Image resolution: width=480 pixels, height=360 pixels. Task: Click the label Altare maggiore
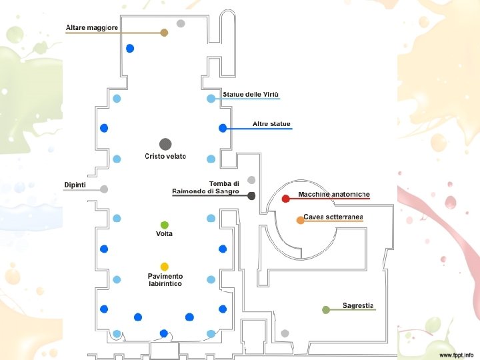pyautogui.click(x=92, y=27)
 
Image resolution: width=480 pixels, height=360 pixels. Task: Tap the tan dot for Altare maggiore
pyautogui.click(x=164, y=32)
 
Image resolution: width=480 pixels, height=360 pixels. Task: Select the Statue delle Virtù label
pyautogui.click(x=251, y=94)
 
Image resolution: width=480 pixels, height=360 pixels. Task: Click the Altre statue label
pyautogui.click(x=271, y=124)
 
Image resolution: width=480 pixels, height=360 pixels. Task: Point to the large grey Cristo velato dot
pyautogui.click(x=165, y=143)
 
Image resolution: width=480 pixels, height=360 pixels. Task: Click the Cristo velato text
pyautogui.click(x=165, y=157)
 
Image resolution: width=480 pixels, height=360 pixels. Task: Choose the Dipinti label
pyautogui.click(x=75, y=184)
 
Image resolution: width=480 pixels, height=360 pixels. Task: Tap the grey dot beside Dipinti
pyautogui.click(x=104, y=189)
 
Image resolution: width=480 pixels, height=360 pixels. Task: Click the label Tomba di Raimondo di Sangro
pyautogui.click(x=205, y=187)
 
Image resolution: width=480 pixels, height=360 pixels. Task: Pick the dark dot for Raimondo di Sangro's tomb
pyautogui.click(x=251, y=195)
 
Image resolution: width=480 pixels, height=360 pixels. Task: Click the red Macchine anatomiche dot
pyautogui.click(x=285, y=198)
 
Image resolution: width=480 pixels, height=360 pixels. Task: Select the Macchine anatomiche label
pyautogui.click(x=334, y=194)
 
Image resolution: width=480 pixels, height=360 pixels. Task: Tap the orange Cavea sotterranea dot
pyautogui.click(x=301, y=219)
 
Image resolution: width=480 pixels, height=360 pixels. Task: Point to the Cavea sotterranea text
pyautogui.click(x=333, y=217)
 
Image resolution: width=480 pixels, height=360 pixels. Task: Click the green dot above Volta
pyautogui.click(x=165, y=224)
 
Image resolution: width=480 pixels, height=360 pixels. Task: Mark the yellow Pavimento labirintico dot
pyautogui.click(x=164, y=267)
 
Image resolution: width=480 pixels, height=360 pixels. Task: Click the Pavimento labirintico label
pyautogui.click(x=165, y=280)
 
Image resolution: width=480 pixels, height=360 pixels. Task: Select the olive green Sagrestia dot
pyautogui.click(x=326, y=309)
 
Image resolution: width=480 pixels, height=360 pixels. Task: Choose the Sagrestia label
pyautogui.click(x=358, y=305)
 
